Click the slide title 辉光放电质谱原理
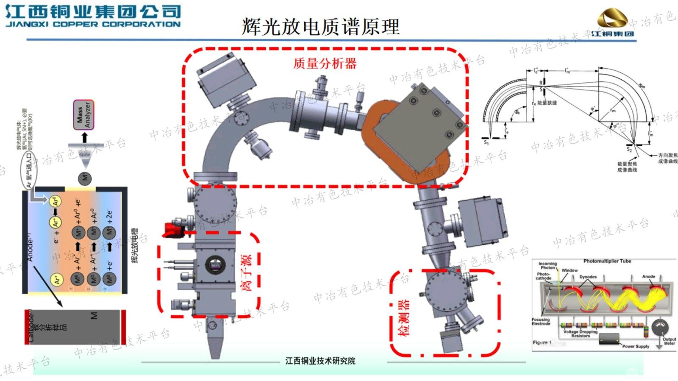(321, 26)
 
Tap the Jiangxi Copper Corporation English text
(93, 24)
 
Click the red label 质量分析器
(325, 64)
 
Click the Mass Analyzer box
(83, 115)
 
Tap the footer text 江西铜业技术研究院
(320, 361)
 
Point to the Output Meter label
(669, 341)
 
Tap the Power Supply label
(636, 346)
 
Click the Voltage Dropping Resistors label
(580, 334)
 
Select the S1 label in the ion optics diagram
(486, 143)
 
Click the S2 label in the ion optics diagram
(629, 150)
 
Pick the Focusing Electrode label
(541, 321)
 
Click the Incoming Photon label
(547, 265)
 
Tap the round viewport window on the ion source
(215, 265)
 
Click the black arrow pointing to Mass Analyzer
(84, 137)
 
